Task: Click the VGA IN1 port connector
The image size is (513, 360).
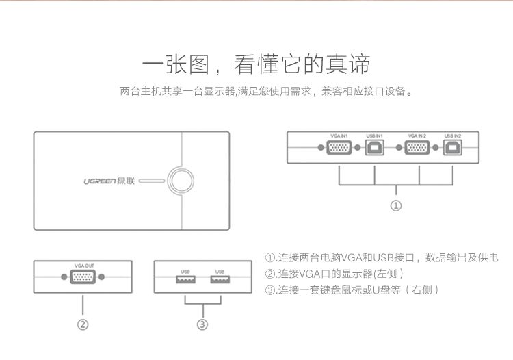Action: (x=339, y=148)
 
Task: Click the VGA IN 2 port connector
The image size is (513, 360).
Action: (x=417, y=148)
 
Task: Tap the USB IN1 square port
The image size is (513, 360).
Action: (x=375, y=148)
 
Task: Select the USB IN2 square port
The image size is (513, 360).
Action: (x=453, y=148)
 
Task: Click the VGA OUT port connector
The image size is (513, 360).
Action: (x=83, y=277)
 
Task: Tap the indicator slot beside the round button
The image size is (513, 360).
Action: (x=152, y=181)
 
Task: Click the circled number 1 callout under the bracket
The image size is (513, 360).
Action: (x=396, y=205)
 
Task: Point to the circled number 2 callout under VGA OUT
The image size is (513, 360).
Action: (x=83, y=324)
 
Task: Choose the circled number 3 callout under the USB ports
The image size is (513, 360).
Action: (x=202, y=324)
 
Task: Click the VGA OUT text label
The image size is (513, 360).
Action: (x=84, y=266)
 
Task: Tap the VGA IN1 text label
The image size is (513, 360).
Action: (x=339, y=136)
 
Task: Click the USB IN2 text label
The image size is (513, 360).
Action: (x=453, y=136)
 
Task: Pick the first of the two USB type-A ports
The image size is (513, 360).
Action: (x=186, y=279)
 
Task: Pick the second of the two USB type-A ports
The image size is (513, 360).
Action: (x=220, y=279)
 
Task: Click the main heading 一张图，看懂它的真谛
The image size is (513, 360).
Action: (x=256, y=64)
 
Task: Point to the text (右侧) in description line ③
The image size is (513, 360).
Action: (x=422, y=290)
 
